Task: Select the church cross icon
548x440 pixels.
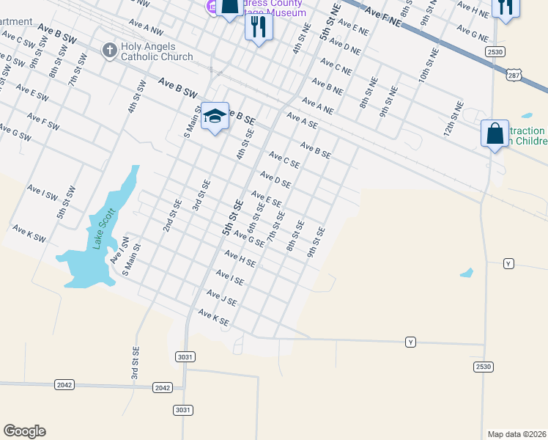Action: [109, 50]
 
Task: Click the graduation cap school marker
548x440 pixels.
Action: [215, 116]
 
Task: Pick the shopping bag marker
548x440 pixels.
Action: [495, 134]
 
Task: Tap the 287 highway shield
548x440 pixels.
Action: [513, 76]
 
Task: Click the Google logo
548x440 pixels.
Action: [24, 431]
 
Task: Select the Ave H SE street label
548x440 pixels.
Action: [240, 257]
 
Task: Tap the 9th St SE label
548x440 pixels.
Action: [316, 242]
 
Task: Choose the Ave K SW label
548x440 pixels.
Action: [29, 234]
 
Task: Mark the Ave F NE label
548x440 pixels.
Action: [382, 17]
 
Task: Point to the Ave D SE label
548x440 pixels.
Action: [275, 179]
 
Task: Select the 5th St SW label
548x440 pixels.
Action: [67, 202]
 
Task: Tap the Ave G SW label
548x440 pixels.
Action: [15, 132]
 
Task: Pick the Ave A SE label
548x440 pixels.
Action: [302, 120]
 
